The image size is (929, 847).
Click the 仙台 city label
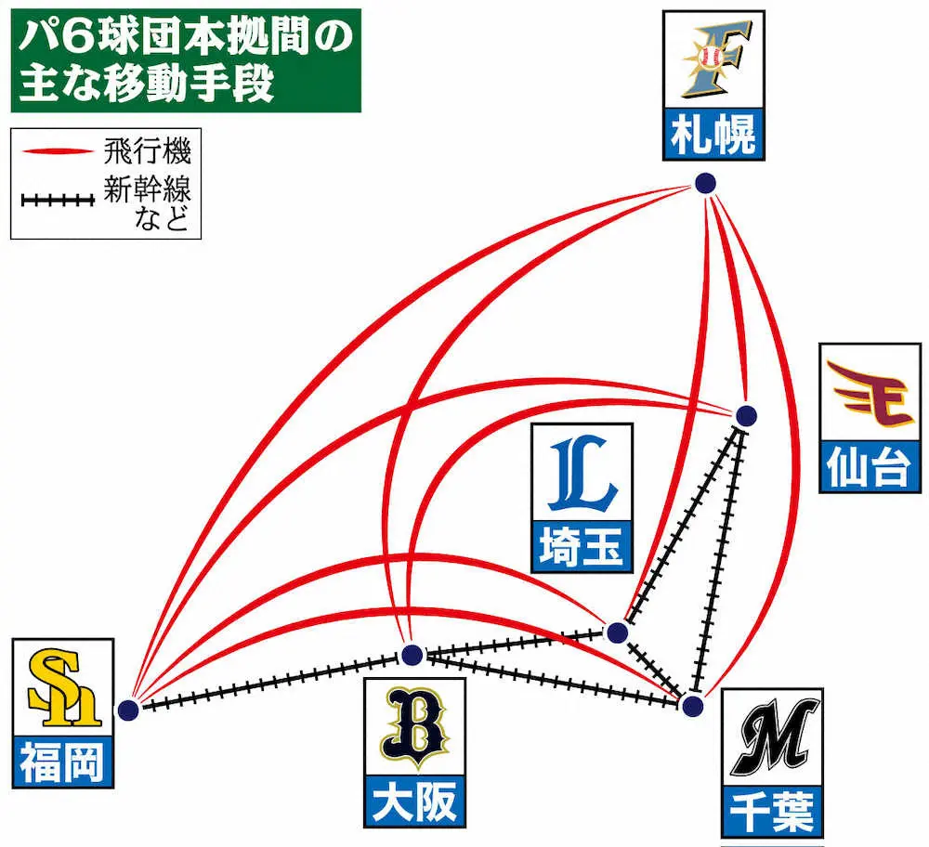[x=866, y=469]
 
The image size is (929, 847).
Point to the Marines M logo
[x=771, y=740]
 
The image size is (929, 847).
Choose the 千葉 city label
[x=772, y=814]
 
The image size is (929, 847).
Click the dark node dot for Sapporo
[x=705, y=183]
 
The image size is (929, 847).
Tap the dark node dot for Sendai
[x=746, y=414]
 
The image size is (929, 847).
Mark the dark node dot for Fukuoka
[x=128, y=710]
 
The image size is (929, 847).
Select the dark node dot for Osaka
[x=412, y=656]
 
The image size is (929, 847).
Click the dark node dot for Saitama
[x=616, y=633]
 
